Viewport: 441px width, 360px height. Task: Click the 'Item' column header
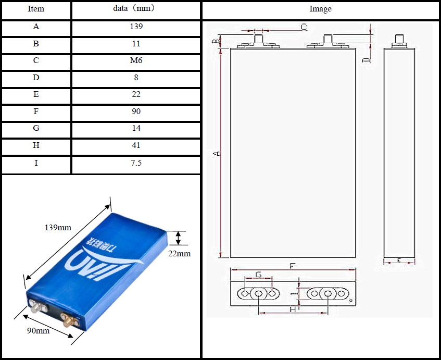(36, 9)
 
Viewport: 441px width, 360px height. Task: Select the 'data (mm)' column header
(135, 9)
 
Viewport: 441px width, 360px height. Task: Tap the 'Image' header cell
(320, 9)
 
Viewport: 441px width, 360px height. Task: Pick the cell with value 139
(136, 27)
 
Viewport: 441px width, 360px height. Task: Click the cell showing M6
(136, 60)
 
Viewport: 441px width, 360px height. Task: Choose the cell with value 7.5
(136, 163)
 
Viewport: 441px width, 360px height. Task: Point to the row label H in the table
(36, 146)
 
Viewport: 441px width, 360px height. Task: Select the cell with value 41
(136, 146)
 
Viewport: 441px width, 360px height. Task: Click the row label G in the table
(36, 128)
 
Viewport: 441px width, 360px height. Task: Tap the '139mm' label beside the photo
(58, 228)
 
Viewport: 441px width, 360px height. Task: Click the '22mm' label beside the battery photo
(180, 254)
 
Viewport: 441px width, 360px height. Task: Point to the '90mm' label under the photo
(39, 331)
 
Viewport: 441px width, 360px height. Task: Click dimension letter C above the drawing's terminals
(304, 27)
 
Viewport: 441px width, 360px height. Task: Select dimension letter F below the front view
(292, 266)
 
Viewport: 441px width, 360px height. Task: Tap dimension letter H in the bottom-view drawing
(292, 309)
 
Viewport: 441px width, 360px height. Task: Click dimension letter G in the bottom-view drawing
(259, 275)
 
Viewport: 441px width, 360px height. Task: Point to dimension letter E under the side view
(398, 260)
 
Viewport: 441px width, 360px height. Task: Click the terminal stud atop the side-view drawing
(400, 40)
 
